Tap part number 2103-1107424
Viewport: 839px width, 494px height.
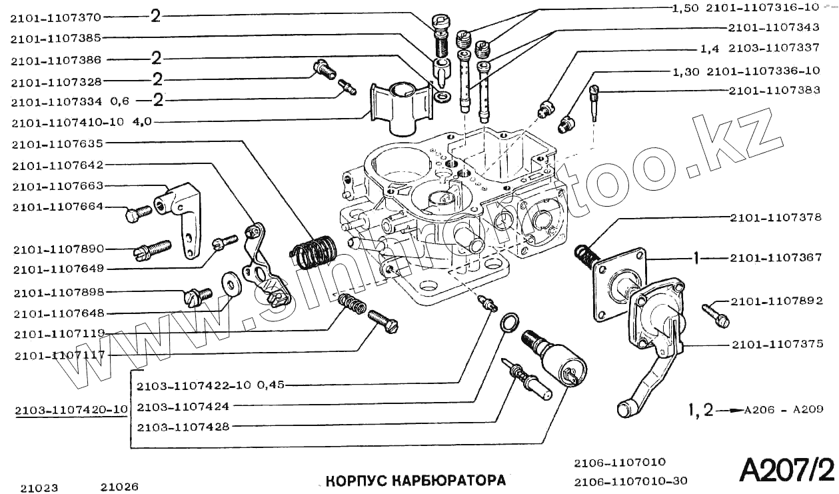[x=183, y=406]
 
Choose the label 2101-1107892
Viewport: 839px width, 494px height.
[x=776, y=301]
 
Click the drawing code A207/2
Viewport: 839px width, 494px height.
[x=786, y=470]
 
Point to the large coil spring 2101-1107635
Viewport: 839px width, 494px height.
[x=314, y=251]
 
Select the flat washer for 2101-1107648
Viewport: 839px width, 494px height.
[x=232, y=283]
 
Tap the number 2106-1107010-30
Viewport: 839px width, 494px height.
[x=630, y=481]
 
